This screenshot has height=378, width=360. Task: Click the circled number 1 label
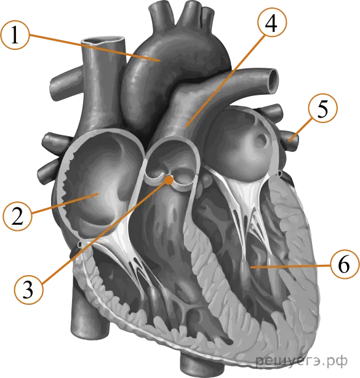[15, 35]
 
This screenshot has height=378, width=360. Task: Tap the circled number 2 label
[17, 216]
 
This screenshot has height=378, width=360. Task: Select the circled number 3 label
[29, 289]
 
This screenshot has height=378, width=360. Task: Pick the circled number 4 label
[272, 22]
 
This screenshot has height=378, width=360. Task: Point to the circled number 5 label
[323, 108]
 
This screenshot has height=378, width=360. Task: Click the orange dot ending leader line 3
[170, 180]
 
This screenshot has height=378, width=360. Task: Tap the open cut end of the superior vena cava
[103, 41]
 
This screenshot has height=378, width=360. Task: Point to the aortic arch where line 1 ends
[159, 60]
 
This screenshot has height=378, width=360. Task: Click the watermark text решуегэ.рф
[302, 361]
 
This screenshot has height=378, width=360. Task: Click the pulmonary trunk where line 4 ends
[186, 126]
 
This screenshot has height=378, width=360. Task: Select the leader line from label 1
[94, 47]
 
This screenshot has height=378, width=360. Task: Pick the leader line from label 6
[290, 266]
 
